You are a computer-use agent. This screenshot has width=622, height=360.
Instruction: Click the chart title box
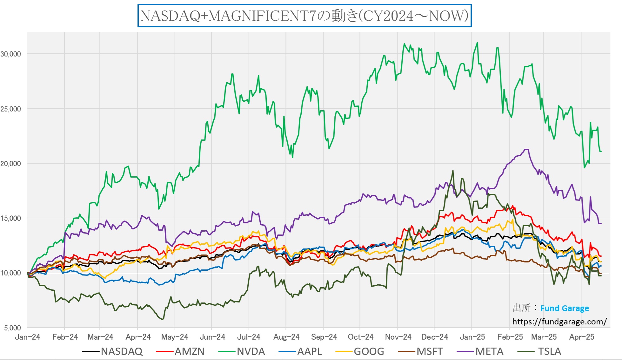point(304,16)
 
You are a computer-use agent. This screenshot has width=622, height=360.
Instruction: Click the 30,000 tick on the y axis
point(11,54)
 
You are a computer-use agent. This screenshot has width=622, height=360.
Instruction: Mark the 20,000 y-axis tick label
point(11,164)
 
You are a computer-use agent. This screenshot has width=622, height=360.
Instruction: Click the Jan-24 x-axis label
point(28,337)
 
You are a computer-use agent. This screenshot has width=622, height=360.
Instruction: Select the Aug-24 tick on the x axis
point(286,337)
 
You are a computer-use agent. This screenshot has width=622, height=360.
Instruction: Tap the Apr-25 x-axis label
point(581,337)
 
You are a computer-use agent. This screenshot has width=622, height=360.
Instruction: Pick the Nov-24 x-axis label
point(398,337)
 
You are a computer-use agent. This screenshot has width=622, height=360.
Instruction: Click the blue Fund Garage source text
point(565,308)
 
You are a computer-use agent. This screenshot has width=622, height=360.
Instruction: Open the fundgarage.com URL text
point(559,322)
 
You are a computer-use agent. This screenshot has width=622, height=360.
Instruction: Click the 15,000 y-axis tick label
point(11,218)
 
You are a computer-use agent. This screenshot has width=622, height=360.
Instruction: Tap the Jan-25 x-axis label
point(472,337)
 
